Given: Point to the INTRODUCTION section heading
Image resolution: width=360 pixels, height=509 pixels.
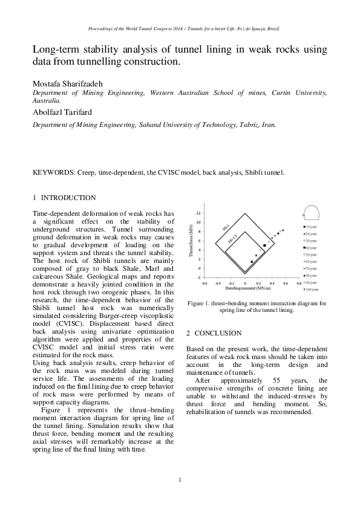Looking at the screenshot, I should coord(67,198).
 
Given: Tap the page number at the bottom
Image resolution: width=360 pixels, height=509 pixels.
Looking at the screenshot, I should coord(180,480).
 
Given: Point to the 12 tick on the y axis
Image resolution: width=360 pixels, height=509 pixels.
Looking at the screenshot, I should coord(198,213).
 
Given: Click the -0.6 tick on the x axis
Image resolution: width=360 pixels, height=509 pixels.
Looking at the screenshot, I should coord(204,283).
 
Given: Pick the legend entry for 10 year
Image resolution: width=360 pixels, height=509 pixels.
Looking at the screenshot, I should coord(312,226).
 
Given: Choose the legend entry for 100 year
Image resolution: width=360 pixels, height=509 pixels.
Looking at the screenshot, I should coord(312,290).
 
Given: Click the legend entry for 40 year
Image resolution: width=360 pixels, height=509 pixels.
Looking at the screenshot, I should coord(312,248).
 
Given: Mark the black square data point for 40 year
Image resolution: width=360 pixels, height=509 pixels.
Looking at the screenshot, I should coord(264,246).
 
